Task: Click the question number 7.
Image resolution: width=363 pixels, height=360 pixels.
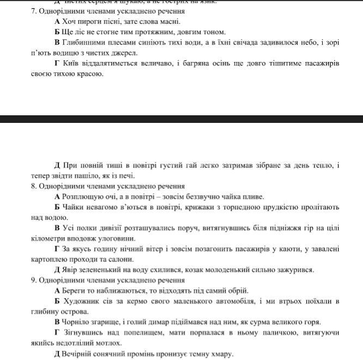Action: (x=34, y=11)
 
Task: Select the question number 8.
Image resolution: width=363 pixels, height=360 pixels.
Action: (x=34, y=187)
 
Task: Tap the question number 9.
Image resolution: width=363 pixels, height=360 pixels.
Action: (x=34, y=280)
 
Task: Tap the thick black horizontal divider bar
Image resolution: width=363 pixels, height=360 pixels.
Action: (x=181, y=119)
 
